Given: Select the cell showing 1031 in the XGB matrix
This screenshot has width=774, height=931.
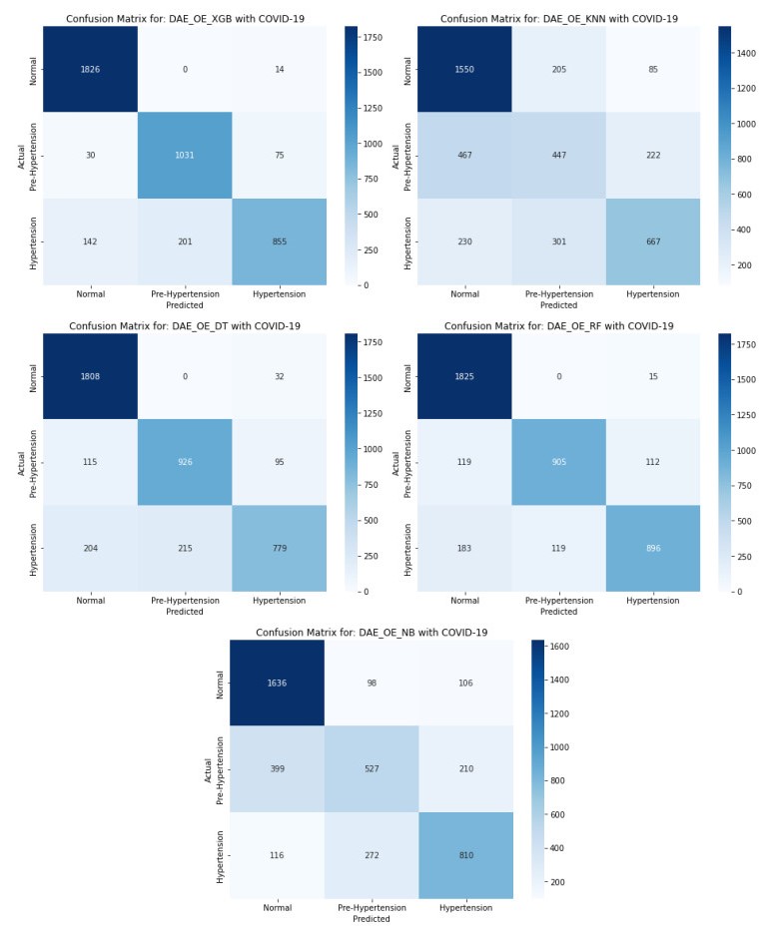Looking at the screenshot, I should [x=184, y=155].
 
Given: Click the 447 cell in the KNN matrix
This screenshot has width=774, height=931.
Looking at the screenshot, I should [x=558, y=155].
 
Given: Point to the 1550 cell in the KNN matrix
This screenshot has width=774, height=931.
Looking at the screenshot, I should [x=464, y=69].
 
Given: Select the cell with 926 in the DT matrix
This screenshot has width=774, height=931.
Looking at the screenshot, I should [x=184, y=462].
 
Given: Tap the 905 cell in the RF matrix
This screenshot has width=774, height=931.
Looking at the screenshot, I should [x=558, y=462].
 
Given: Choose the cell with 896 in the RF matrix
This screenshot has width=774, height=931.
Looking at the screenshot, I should [x=652, y=548].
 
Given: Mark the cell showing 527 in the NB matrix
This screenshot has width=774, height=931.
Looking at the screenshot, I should [x=372, y=769].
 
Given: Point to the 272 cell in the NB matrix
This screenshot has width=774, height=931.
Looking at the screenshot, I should [x=372, y=856].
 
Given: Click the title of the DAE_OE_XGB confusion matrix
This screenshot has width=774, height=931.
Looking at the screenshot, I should [x=184, y=18].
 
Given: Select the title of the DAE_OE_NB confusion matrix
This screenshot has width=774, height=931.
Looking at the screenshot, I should [x=372, y=633].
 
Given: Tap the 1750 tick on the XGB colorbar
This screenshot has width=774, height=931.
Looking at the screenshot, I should [x=375, y=37].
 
